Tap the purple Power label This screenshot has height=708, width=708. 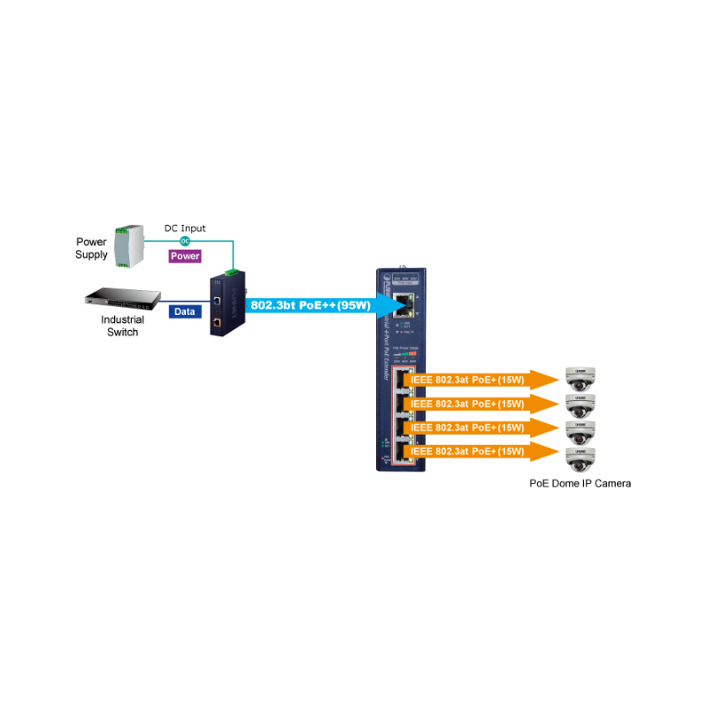pos(185,256)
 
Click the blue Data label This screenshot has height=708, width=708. pos(184,312)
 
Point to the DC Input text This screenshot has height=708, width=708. pos(185,228)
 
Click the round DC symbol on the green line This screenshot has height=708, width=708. pos(185,241)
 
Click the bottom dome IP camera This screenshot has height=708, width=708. pos(581,459)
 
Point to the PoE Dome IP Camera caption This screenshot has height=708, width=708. pos(581,483)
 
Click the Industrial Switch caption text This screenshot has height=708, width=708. pos(122,326)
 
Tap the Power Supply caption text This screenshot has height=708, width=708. pos(92,248)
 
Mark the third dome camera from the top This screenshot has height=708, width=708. pos(581,433)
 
